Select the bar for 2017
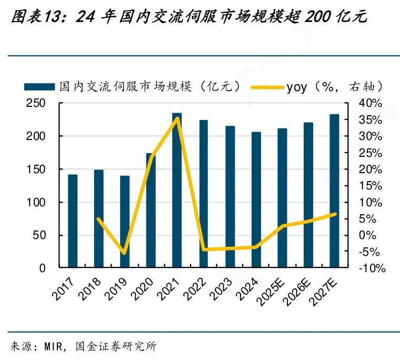pos(73,221)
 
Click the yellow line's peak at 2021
pos(177,118)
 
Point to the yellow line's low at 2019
pos(125,253)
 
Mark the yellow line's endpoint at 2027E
pos(335,214)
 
